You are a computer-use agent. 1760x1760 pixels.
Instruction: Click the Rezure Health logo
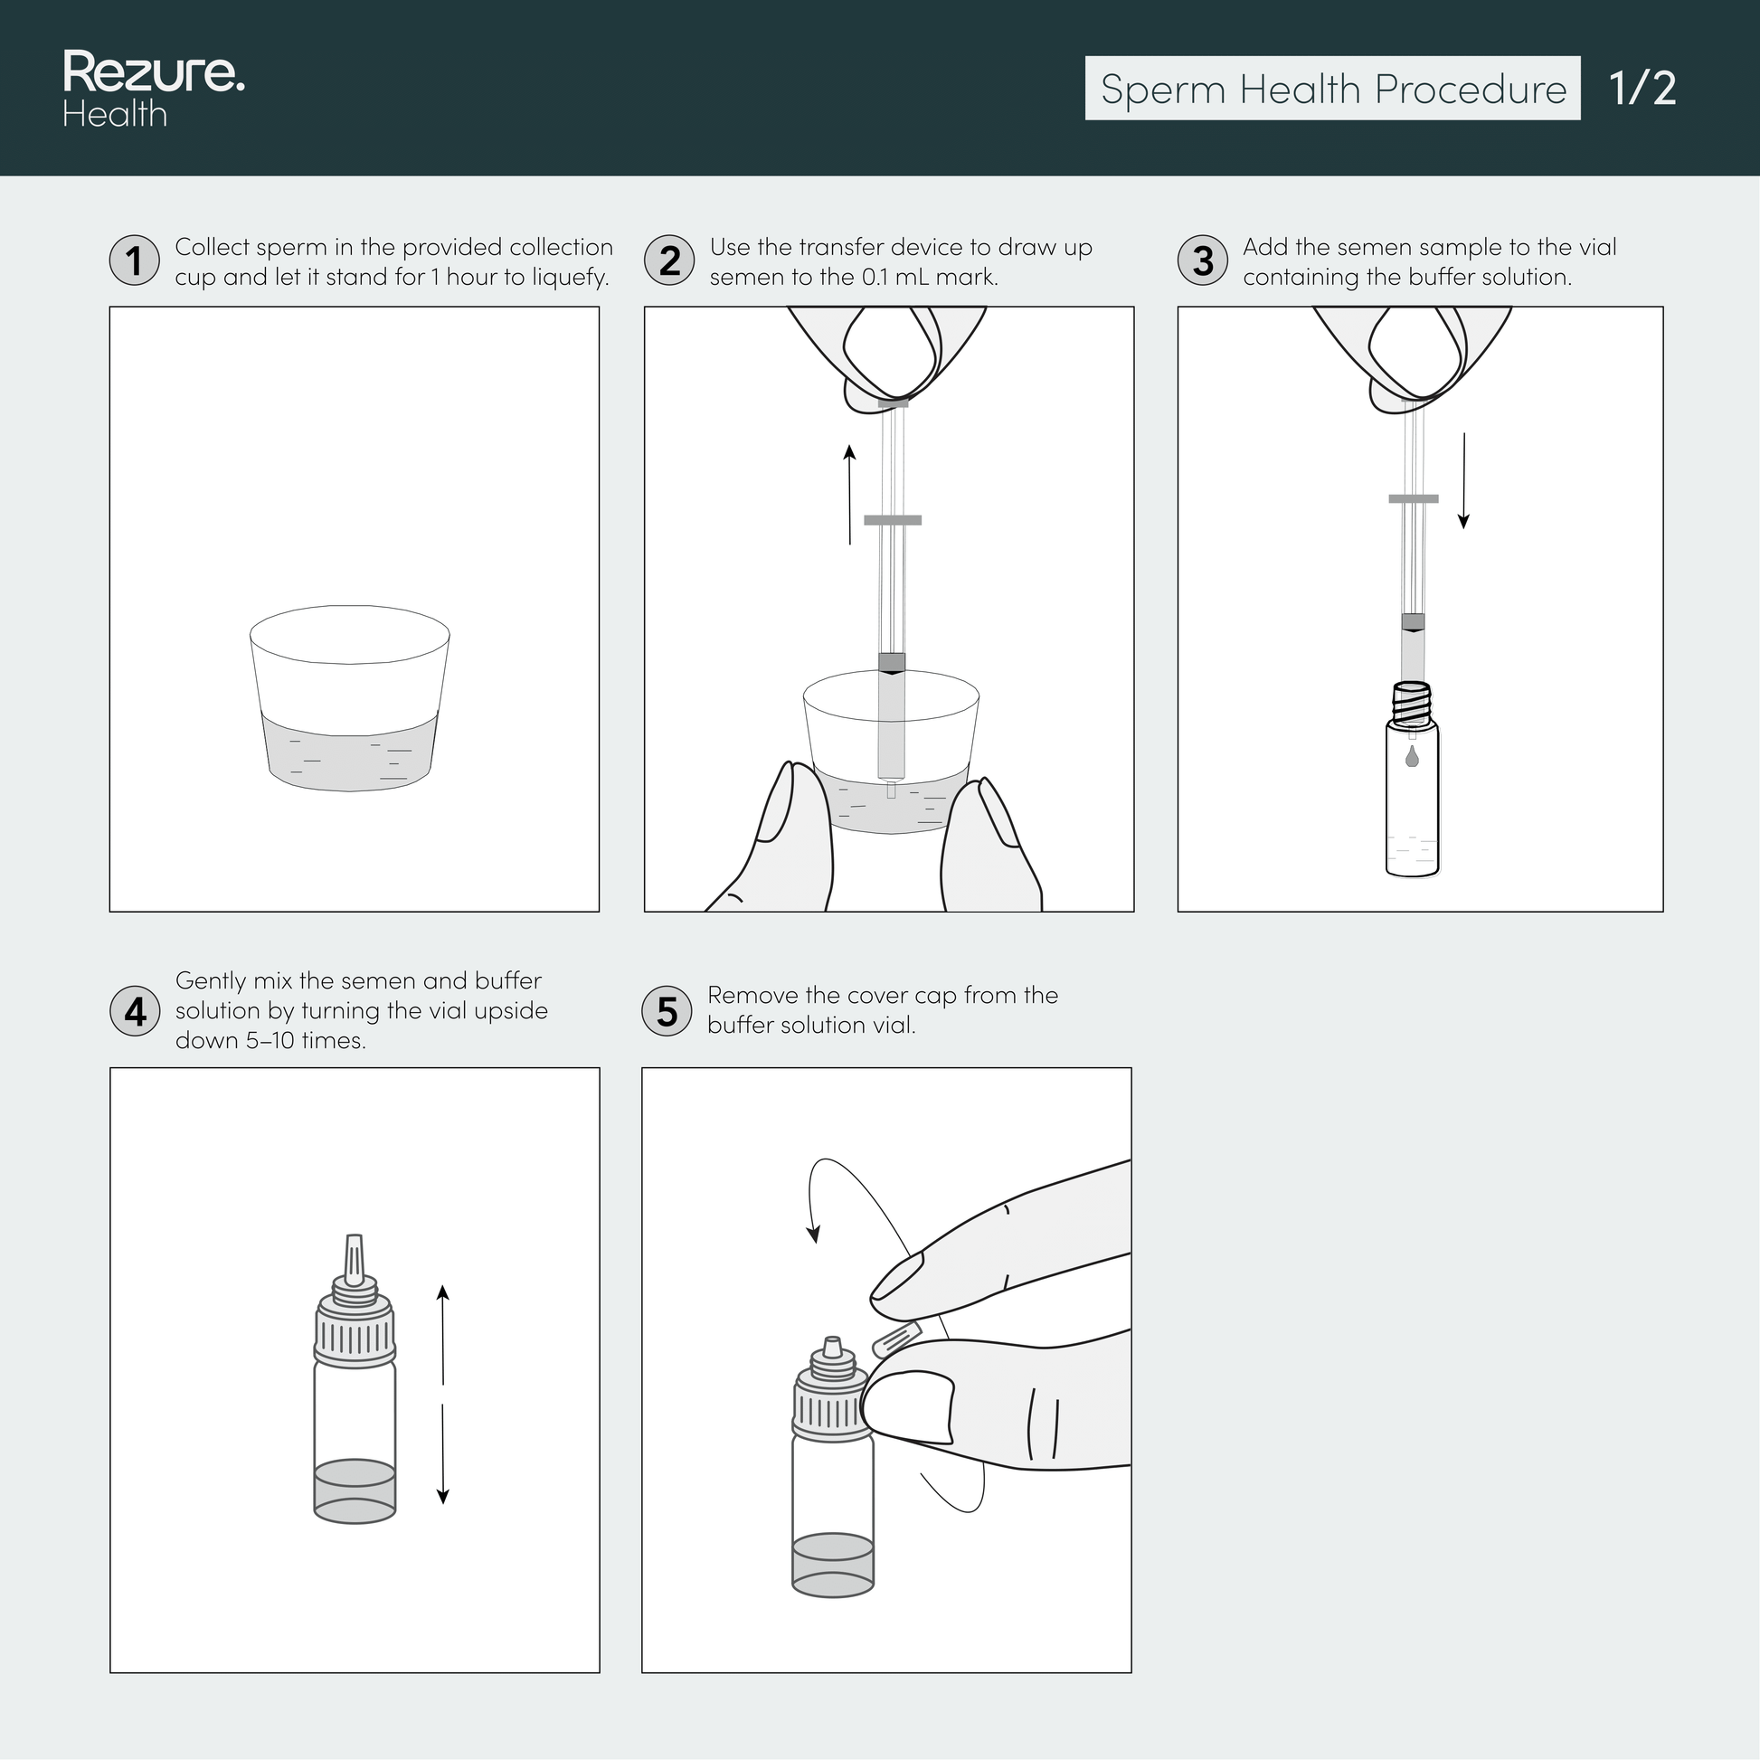click(153, 89)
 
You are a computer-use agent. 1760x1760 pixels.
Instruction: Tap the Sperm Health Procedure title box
click(1332, 89)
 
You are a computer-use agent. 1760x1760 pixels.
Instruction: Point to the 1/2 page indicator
click(1642, 89)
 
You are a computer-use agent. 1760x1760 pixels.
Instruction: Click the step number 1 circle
click(135, 260)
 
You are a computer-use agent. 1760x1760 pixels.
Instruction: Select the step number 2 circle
click(668, 260)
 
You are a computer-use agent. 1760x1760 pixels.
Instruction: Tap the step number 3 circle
click(1203, 260)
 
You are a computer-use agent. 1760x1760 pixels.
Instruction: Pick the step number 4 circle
click(135, 1011)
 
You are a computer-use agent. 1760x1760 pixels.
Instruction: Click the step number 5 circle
click(667, 1011)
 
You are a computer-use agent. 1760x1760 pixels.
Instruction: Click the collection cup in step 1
click(350, 698)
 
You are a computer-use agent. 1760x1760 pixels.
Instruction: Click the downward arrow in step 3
click(1463, 481)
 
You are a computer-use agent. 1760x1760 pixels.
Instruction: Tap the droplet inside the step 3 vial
click(1411, 756)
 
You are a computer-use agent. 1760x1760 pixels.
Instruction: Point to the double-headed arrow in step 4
click(443, 1394)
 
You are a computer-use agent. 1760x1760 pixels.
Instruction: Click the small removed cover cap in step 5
click(896, 1339)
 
